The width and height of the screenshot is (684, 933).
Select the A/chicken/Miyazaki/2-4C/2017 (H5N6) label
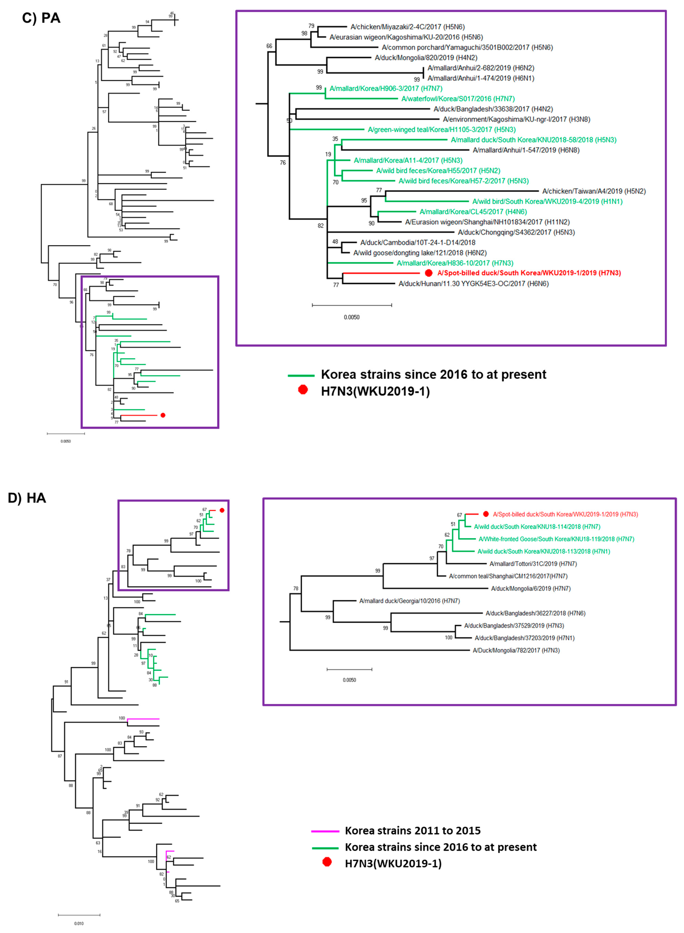pyautogui.click(x=407, y=27)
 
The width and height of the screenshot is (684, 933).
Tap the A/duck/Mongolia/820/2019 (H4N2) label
pyautogui.click(x=426, y=58)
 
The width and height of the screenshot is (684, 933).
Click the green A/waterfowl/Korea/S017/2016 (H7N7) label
pyautogui.click(x=458, y=99)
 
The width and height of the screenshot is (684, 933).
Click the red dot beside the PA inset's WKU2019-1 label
pyautogui.click(x=429, y=273)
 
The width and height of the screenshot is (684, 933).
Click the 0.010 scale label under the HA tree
pyautogui.click(x=79, y=923)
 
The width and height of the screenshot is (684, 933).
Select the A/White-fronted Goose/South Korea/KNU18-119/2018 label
pyautogui.click(x=556, y=539)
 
